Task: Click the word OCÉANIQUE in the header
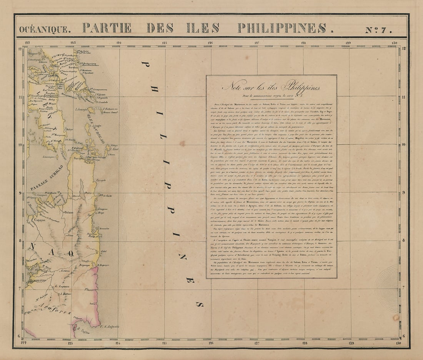45,29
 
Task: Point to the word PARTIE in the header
107,28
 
